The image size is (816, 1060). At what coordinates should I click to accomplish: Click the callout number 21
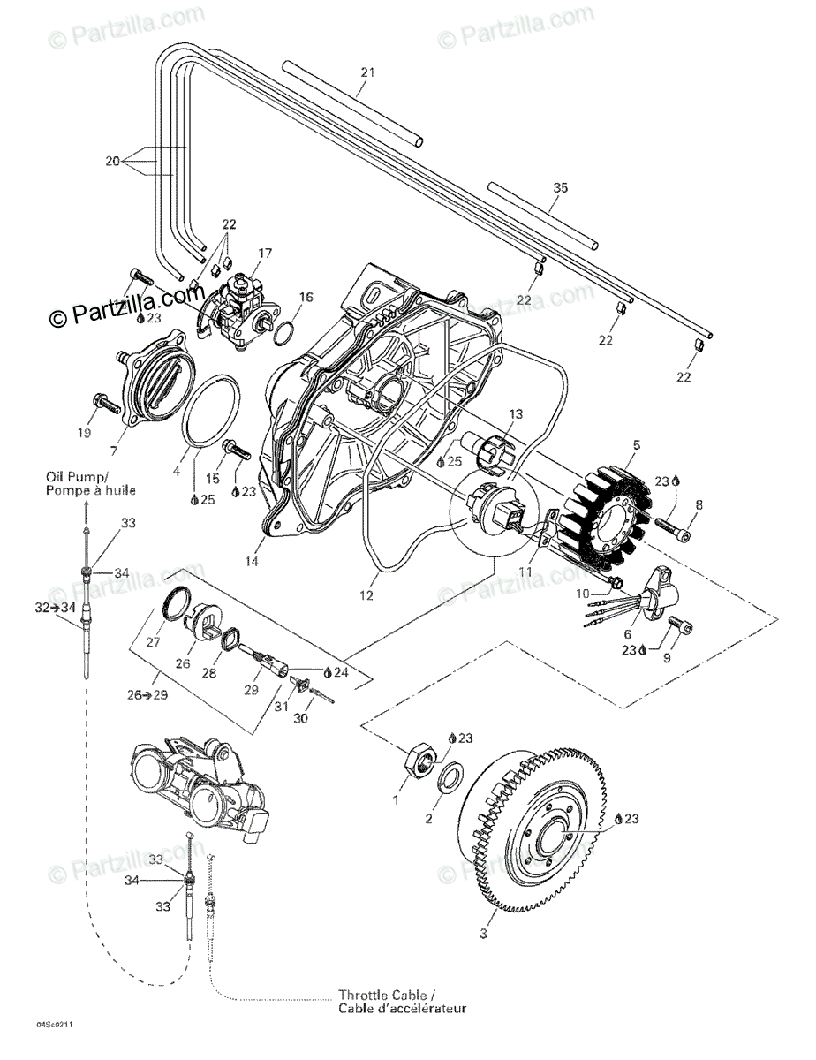368,72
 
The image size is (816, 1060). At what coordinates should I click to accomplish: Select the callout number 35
560,187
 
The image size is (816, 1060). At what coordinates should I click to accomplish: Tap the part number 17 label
266,253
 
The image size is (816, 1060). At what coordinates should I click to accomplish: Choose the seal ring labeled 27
178,604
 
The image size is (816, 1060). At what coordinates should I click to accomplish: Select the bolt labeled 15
236,448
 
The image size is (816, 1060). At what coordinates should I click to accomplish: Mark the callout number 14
252,561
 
